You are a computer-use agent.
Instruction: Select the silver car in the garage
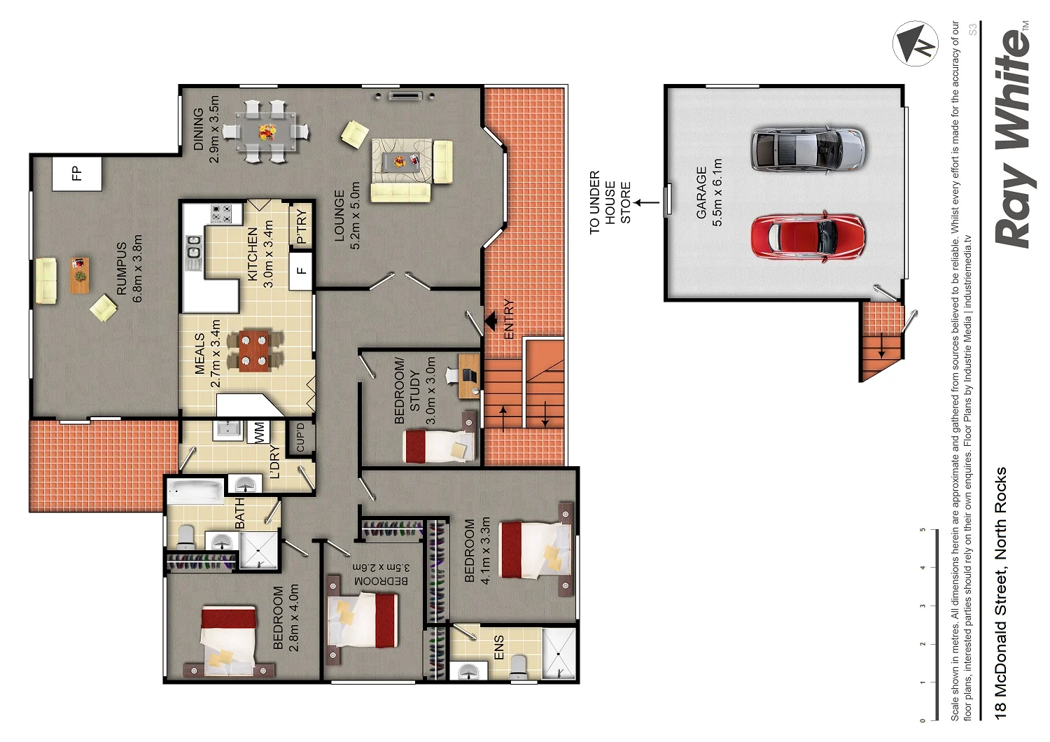coord(807,149)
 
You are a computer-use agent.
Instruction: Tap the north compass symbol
coord(915,43)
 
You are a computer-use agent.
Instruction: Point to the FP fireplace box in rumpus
coord(77,173)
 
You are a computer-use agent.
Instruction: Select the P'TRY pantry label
coord(301,227)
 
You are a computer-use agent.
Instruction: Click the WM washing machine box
coord(259,431)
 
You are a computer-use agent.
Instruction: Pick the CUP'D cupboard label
coord(301,437)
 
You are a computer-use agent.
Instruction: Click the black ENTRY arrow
coord(491,321)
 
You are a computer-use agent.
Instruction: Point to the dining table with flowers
coord(267,132)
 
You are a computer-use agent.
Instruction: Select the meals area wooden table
coord(254,351)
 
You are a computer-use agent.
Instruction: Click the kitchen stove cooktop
coord(222,213)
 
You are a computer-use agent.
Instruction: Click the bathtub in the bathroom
coord(195,491)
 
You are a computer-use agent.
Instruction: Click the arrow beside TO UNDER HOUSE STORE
coord(647,203)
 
